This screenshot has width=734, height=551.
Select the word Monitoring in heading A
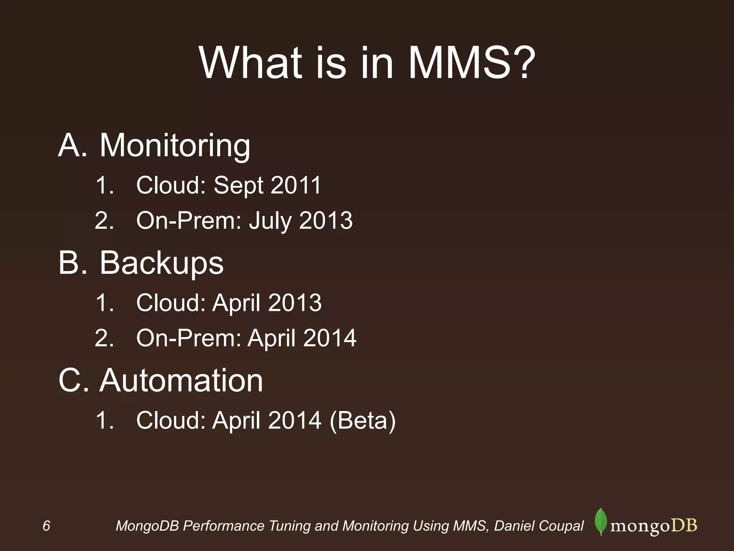click(175, 146)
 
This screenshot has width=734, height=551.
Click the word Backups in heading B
click(161, 263)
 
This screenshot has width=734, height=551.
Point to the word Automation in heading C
click(181, 380)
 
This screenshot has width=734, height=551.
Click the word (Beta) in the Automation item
click(362, 420)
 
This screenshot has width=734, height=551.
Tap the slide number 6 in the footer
click(46, 526)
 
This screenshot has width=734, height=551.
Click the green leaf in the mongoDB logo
click(601, 521)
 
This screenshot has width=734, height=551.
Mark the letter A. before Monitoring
click(72, 146)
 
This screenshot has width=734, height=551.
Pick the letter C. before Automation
click(73, 380)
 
